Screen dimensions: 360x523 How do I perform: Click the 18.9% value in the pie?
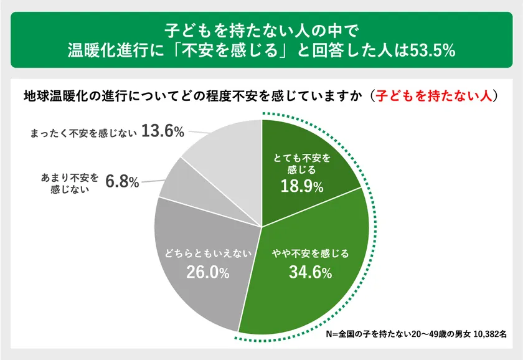301,186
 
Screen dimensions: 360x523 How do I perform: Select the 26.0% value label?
208,272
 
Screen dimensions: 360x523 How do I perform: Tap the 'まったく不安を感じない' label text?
83,132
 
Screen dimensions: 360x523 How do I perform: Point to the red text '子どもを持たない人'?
435,97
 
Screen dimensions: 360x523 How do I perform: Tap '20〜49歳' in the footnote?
430,334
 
